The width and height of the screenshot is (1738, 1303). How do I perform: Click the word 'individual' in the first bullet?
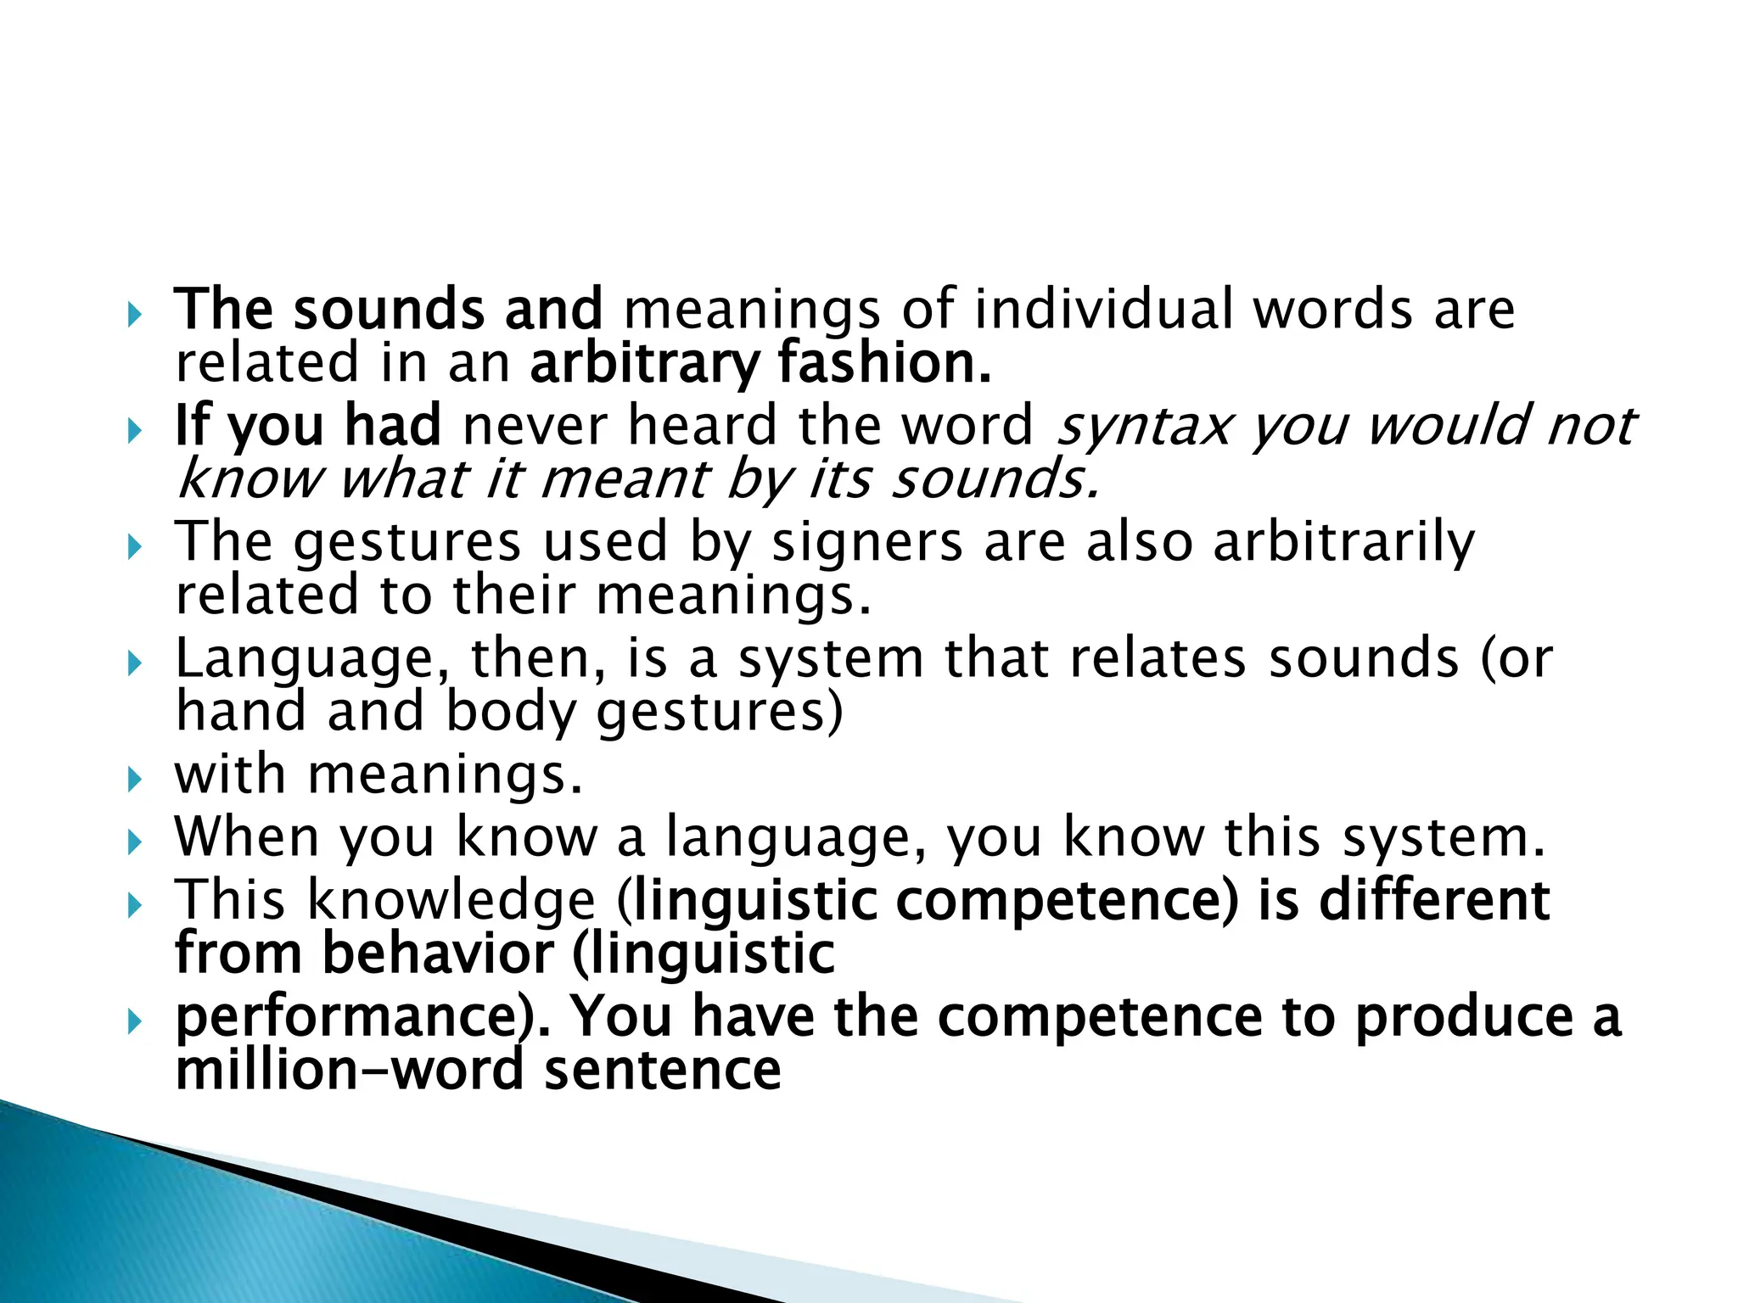[1103, 309]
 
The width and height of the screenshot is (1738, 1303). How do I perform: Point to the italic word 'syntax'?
[1142, 425]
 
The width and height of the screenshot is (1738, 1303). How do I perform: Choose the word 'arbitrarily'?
[1344, 543]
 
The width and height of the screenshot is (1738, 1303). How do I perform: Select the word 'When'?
[246, 837]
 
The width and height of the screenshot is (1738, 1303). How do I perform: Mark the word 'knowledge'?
[451, 900]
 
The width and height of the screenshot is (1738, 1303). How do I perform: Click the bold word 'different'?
[1434, 900]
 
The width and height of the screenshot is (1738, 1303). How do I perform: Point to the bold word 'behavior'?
[436, 954]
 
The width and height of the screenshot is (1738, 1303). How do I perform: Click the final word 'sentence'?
[662, 1071]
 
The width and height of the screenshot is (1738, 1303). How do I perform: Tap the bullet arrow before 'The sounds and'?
[134, 316]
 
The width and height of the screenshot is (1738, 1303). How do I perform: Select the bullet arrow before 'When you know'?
[134, 842]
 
